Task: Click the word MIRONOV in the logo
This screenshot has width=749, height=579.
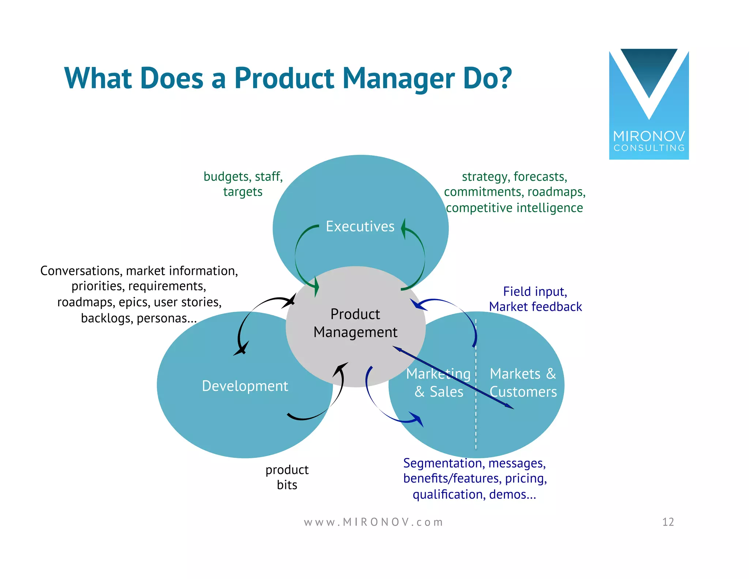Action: (649, 137)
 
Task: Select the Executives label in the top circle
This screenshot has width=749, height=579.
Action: (360, 227)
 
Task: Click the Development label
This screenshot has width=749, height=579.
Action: (245, 386)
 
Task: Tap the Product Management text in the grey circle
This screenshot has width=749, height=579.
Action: (355, 323)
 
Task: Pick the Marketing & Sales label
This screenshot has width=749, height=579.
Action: (438, 383)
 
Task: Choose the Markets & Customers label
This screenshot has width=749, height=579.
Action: (523, 383)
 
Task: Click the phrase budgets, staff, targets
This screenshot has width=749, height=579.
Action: (243, 184)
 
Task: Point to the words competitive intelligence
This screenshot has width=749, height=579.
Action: (514, 208)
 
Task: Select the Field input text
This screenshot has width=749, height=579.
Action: (535, 292)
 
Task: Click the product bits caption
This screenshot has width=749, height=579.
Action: (287, 477)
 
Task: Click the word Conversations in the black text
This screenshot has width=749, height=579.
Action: (80, 271)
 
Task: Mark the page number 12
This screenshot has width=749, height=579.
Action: (668, 522)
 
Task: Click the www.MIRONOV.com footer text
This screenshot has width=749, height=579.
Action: (373, 522)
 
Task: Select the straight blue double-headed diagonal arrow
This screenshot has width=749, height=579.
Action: (453, 378)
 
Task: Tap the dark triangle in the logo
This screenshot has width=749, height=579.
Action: (649, 70)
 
